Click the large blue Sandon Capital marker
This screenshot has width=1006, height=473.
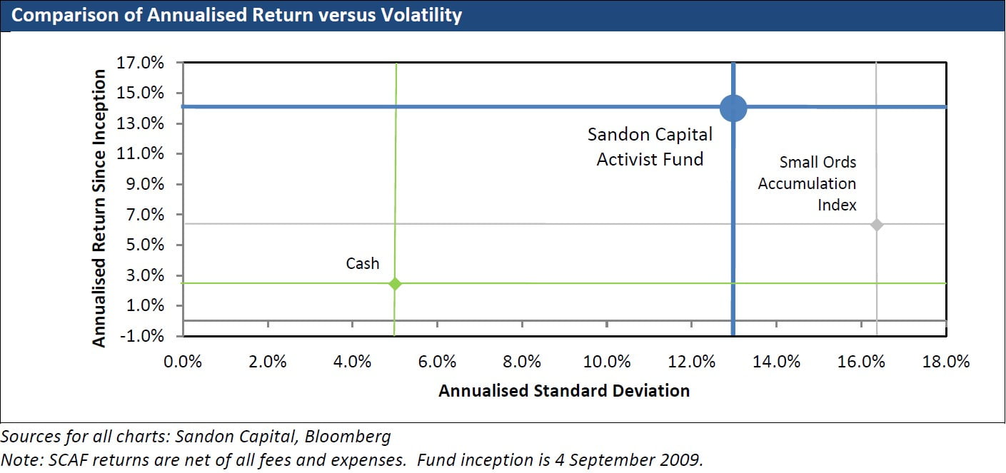[x=733, y=108]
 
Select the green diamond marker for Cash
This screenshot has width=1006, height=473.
[x=395, y=284]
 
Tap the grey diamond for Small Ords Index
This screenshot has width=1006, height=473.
[x=876, y=225]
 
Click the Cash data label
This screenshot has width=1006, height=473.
[x=363, y=263]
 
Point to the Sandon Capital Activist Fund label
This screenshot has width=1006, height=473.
[x=650, y=147]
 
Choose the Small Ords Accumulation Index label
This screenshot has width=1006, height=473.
[x=807, y=183]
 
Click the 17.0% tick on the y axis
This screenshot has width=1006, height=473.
[x=140, y=62]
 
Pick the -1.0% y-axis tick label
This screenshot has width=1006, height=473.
[x=142, y=336]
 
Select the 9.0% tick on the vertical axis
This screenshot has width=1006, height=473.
[x=145, y=184]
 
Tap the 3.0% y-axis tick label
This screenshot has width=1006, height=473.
[x=145, y=275]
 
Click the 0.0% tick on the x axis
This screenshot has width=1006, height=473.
[x=183, y=362]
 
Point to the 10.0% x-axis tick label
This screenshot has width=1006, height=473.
[x=607, y=362]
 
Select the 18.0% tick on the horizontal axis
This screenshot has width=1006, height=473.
[x=946, y=362]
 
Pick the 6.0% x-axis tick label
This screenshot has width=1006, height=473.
[x=437, y=362]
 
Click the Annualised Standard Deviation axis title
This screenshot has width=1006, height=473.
[x=564, y=391]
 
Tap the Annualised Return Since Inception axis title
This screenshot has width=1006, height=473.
[x=99, y=208]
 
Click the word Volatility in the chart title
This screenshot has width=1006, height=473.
[x=422, y=15]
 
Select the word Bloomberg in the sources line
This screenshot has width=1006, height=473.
[x=348, y=437]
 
